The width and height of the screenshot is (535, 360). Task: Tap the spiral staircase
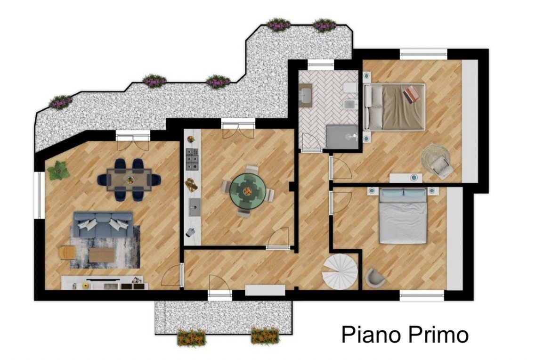click(x=340, y=271)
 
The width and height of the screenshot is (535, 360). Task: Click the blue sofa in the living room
click(x=103, y=224)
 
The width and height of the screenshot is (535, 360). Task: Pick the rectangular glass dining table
click(x=130, y=180)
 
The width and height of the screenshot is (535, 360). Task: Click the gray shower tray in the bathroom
click(x=342, y=137)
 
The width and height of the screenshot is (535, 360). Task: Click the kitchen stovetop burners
click(x=192, y=159)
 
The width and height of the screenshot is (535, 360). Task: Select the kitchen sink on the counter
click(x=195, y=207)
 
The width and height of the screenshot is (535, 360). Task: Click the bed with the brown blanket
click(x=395, y=106)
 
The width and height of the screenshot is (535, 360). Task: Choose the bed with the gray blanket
click(x=403, y=216)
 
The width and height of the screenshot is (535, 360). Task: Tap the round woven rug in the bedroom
click(x=435, y=159)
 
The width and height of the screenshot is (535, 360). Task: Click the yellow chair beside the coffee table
click(x=67, y=253)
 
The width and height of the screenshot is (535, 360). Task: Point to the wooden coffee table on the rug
click(x=102, y=255)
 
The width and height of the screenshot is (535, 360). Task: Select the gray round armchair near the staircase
click(x=376, y=277)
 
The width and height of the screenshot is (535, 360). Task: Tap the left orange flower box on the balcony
click(x=192, y=337)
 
